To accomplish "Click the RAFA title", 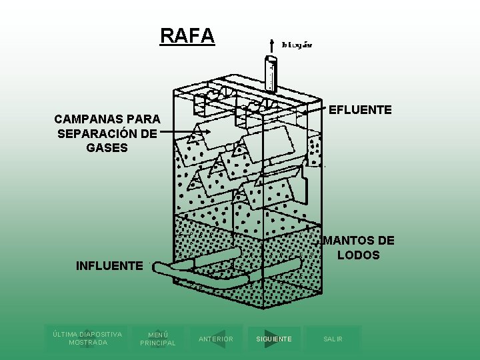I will coord(187,35).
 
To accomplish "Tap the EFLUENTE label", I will coord(361,109).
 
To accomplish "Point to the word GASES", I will coord(107,147).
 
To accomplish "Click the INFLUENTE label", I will coord(109,266).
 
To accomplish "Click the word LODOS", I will coord(358,255).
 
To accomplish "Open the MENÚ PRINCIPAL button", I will coord(157,339).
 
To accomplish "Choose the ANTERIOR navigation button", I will coord(216,339).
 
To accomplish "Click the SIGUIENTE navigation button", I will coord(274,339).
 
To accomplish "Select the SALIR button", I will coord(333,339).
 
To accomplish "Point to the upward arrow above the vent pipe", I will coord(271,44).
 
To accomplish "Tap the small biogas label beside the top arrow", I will coord(297,45).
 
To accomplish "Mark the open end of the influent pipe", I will coord(157,268).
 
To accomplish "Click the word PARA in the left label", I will coord(143,119).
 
